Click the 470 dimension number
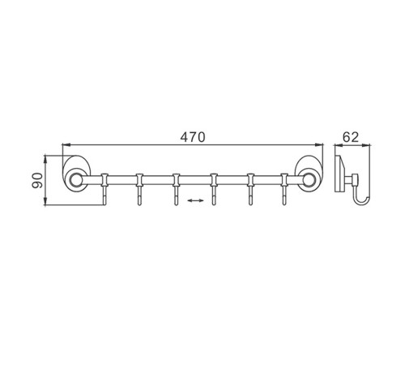coord(193,137)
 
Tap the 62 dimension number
coord(351,137)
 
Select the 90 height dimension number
coord(37,181)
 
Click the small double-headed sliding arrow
coord(195,200)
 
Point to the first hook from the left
coord(104,189)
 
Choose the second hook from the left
coord(139,189)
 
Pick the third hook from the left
coord(176,189)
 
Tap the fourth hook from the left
coord(214,189)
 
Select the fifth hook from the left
coord(250,189)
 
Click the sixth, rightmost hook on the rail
coord(284,189)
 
